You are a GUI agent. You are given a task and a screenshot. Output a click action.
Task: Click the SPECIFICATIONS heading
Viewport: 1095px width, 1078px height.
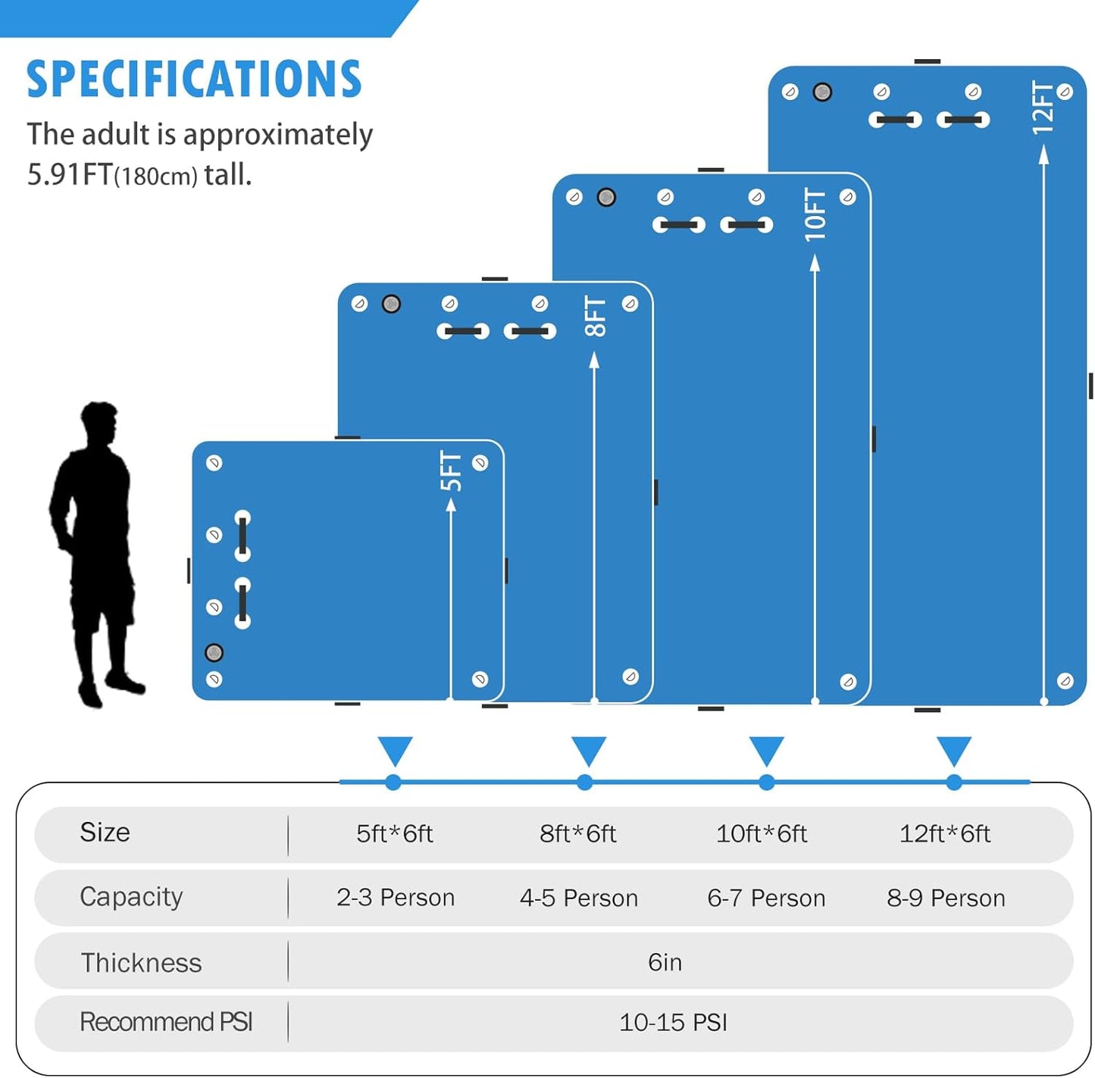[x=194, y=80]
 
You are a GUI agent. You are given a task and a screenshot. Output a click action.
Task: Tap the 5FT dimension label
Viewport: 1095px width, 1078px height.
[x=451, y=471]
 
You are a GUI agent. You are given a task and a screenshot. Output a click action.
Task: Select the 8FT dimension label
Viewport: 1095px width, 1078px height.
[x=595, y=316]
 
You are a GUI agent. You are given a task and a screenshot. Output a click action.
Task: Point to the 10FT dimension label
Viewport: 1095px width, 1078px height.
[x=815, y=215]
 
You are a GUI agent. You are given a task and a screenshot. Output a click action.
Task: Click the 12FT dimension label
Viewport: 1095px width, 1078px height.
[x=1043, y=108]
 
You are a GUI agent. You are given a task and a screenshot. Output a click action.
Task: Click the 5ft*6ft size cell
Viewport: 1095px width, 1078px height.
[x=394, y=833]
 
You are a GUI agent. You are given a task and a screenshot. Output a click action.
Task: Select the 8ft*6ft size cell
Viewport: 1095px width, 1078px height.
[x=577, y=833]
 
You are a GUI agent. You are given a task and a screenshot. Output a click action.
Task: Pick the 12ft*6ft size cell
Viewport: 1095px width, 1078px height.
[x=944, y=833]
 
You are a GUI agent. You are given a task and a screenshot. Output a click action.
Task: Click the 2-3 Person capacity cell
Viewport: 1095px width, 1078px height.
[x=396, y=898]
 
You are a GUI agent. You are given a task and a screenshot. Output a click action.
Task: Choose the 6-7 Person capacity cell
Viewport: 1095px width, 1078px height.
[x=766, y=898]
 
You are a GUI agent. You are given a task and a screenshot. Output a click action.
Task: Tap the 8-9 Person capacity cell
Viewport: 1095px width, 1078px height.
[x=946, y=898]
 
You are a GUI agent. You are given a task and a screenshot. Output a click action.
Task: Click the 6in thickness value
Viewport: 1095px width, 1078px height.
[x=665, y=962]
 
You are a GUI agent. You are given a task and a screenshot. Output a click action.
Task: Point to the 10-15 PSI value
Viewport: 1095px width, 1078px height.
[x=673, y=1023]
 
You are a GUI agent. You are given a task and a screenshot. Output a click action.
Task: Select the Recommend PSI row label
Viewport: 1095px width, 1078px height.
[x=166, y=1022]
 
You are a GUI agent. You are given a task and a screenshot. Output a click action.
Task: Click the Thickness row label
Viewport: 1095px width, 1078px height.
[x=141, y=963]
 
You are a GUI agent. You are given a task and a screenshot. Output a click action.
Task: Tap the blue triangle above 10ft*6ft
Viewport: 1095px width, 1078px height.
[x=766, y=750]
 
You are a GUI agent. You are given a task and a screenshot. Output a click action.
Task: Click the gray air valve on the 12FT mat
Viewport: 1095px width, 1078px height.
[x=822, y=92]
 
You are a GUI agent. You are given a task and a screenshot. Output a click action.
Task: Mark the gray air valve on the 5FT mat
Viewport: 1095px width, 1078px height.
[x=214, y=652]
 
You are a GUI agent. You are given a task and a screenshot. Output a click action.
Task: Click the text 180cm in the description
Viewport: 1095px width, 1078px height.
[x=155, y=177]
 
